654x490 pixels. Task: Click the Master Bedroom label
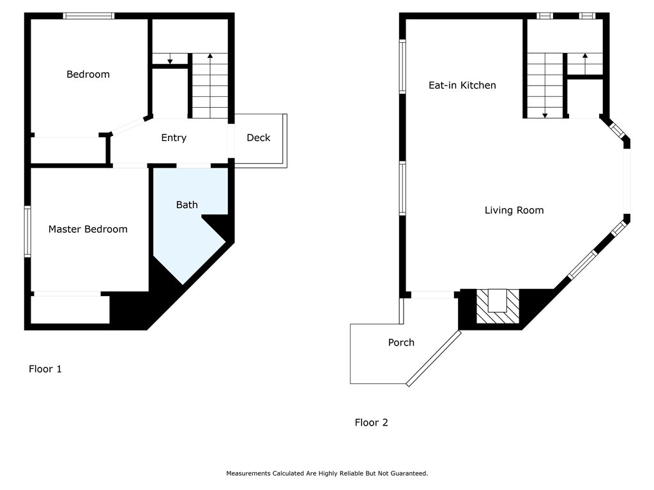click(88, 229)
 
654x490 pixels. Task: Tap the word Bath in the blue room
click(187, 205)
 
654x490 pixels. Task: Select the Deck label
click(259, 138)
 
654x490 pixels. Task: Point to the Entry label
click(174, 138)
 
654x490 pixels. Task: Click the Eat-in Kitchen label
click(462, 85)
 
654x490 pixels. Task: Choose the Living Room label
click(514, 210)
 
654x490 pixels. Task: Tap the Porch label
click(401, 343)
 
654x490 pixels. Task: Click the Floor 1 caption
click(45, 369)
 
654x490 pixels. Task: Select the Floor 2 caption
click(371, 422)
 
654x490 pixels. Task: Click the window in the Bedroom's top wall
click(88, 16)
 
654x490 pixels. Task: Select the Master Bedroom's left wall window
click(27, 231)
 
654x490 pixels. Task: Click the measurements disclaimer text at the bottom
click(327, 473)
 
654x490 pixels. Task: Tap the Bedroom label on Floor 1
click(88, 74)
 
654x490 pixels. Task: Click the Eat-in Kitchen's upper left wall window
click(402, 66)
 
